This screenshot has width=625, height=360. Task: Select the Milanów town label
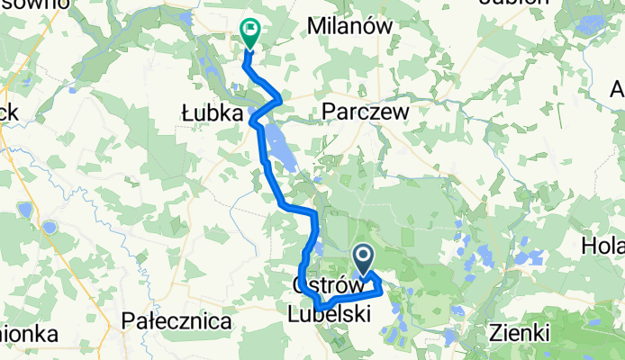[x=350, y=27]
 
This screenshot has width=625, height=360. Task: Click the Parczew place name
[x=366, y=112]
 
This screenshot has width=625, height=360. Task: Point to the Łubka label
[x=213, y=114]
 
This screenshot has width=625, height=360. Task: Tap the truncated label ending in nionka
[x=29, y=333]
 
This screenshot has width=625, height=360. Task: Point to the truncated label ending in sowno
[x=34, y=4]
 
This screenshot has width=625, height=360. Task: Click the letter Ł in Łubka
[x=188, y=114]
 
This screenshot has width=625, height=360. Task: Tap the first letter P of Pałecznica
[x=128, y=321]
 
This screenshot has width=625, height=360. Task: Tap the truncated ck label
[x=12, y=114]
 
